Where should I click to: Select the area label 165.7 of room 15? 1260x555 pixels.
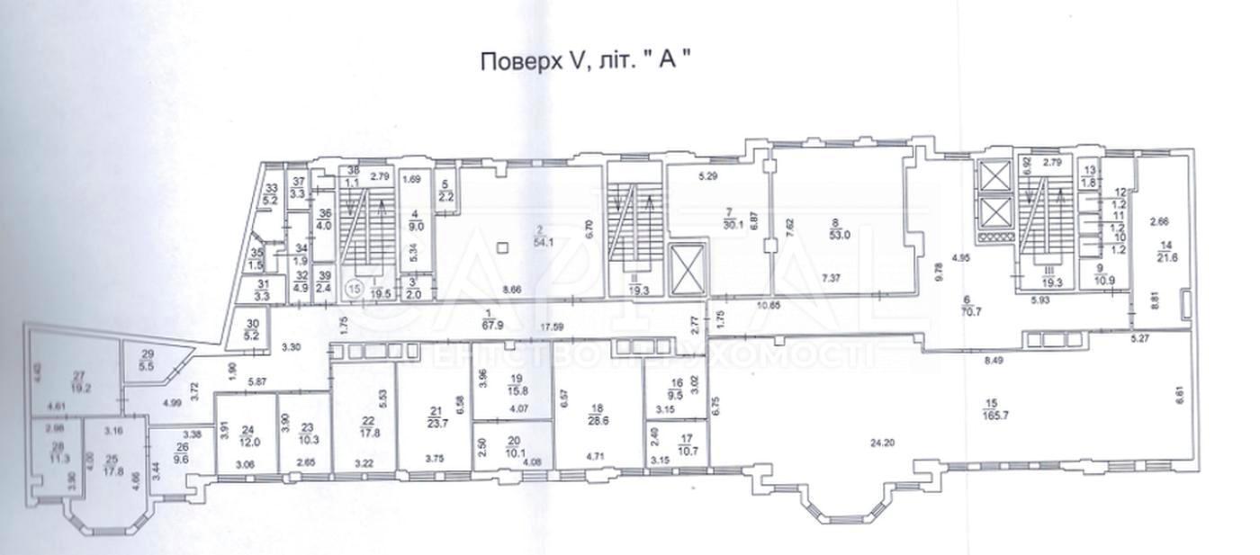[x=997, y=421]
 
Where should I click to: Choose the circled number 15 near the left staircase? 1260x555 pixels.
[x=355, y=290]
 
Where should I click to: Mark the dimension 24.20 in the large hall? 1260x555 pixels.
[x=888, y=443]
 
